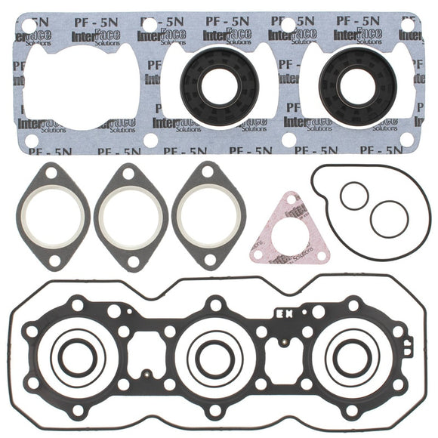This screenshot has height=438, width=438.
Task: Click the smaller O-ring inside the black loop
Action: tap(353, 197)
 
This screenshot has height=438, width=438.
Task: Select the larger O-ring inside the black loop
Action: tap(389, 217)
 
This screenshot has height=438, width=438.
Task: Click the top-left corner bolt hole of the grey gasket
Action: tap(29, 25)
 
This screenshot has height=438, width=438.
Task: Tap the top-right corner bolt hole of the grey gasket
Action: tap(409, 25)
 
